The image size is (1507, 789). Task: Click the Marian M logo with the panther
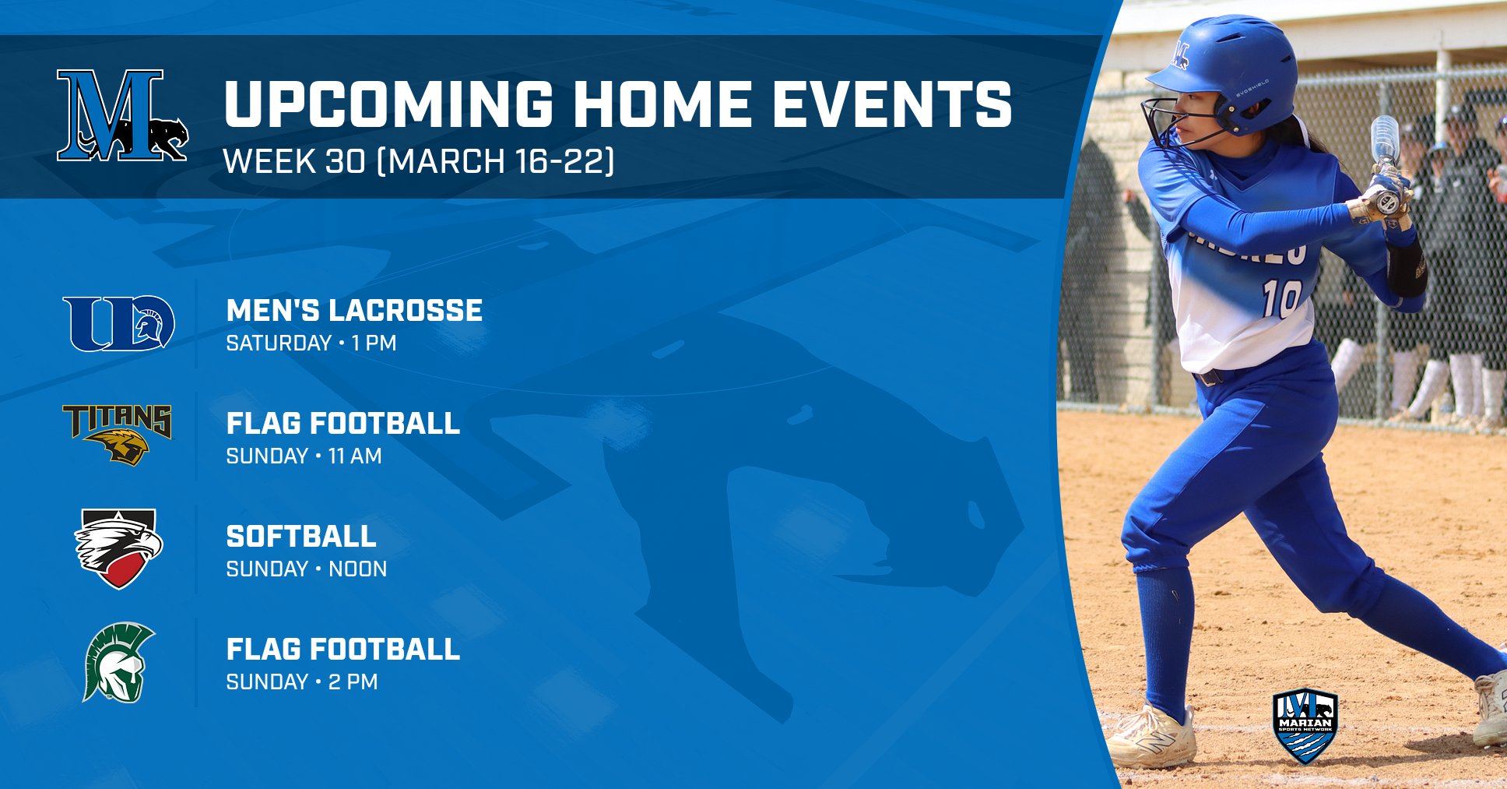pos(122,115)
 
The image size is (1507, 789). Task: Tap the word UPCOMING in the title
pos(388,104)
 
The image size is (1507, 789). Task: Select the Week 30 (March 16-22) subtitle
pos(419,161)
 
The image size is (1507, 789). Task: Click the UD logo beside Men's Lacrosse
pos(119,323)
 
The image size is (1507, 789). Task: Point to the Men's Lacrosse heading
pos(354,310)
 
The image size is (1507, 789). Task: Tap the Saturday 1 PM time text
pos(311,343)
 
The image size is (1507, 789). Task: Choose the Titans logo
pos(118,435)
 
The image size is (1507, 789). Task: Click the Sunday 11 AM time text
pos(304,456)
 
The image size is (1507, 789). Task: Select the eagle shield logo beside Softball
pos(118,548)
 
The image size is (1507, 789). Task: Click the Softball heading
pos(301,536)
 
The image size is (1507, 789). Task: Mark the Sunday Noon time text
pos(306,569)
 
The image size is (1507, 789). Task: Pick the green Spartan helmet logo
pos(119,662)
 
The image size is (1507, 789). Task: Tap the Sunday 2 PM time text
pos(301,682)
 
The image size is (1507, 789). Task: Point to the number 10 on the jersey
pos(1282,298)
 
